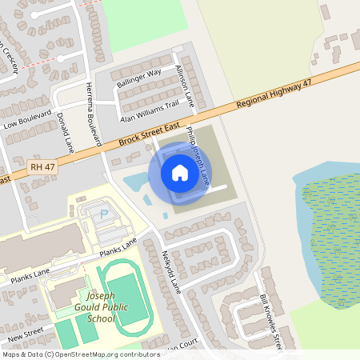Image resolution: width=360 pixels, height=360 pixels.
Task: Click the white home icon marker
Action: [180, 172]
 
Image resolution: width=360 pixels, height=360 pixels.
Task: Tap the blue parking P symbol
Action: [103, 214]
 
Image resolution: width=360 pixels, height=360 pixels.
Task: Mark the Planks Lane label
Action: [119, 246]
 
